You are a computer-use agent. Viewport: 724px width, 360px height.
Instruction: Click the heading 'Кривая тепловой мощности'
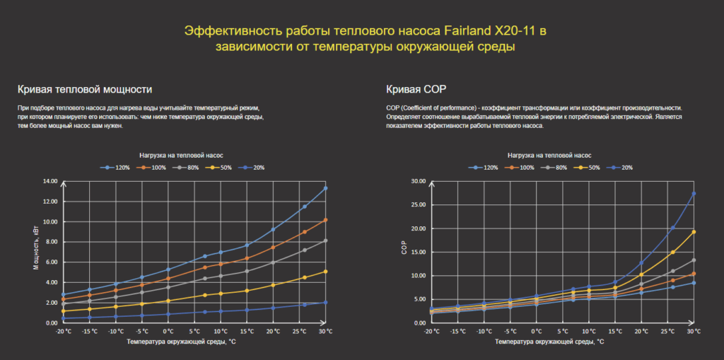click(85, 89)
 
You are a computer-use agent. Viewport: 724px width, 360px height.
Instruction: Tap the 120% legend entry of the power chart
click(116, 168)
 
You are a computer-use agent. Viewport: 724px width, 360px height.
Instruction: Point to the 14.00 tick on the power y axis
click(49, 181)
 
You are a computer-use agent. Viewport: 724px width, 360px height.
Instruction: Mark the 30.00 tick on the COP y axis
click(417, 181)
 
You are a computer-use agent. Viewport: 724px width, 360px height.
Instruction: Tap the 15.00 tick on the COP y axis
click(417, 252)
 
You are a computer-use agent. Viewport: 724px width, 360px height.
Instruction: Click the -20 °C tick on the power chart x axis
click(63, 331)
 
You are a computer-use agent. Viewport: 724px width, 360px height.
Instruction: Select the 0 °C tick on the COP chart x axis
click(537, 331)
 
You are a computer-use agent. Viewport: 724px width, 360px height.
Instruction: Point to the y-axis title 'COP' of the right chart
click(404, 251)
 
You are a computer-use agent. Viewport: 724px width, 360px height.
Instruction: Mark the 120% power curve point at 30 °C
click(325, 188)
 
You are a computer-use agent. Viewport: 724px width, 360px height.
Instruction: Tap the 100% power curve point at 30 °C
click(325, 220)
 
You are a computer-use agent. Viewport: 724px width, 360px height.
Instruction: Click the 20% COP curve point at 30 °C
click(694, 194)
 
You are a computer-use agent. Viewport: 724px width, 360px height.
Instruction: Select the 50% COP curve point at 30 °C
click(694, 232)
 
